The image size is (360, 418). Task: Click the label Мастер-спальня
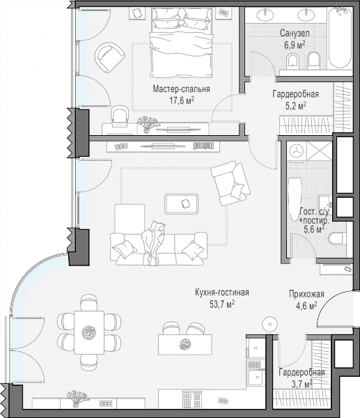click(x=181, y=89)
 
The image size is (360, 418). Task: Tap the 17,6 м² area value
click(x=182, y=100)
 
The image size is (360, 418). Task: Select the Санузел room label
click(x=295, y=33)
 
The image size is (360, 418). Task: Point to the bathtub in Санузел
click(x=340, y=38)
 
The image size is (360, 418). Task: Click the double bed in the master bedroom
click(x=181, y=42)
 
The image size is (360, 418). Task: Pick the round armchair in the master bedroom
click(x=110, y=57)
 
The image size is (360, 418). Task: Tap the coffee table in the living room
click(x=182, y=204)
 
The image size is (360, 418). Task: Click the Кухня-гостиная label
click(x=222, y=293)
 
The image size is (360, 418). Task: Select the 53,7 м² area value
click(x=222, y=304)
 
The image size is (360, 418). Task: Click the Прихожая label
click(x=306, y=294)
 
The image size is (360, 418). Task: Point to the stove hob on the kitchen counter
click(x=192, y=399)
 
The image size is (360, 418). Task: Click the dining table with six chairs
click(x=89, y=332)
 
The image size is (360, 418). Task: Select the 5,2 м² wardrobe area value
click(x=296, y=106)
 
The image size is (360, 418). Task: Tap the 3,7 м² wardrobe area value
click(x=302, y=384)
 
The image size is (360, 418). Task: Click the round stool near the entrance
click(x=270, y=324)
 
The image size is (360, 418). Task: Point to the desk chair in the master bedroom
click(x=119, y=116)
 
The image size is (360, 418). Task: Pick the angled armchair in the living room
click(x=230, y=183)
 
